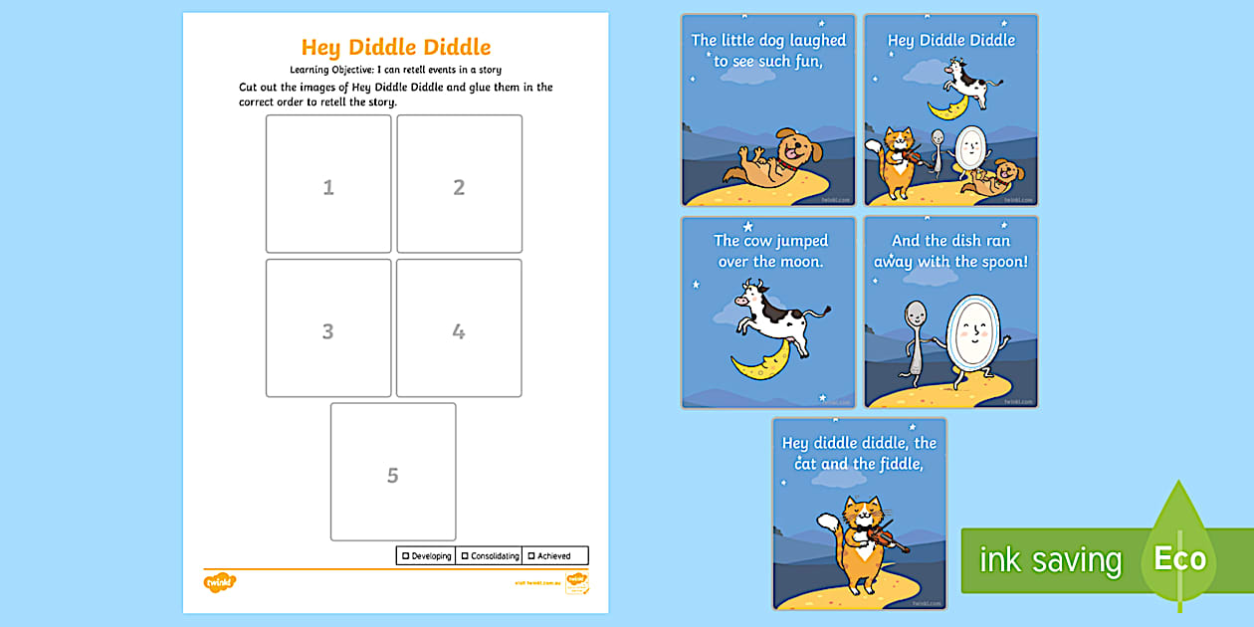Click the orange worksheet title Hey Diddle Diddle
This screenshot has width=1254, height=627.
[396, 48]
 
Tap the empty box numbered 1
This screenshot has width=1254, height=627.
[328, 184]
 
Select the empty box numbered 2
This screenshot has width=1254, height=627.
[459, 184]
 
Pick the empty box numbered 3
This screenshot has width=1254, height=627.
[328, 328]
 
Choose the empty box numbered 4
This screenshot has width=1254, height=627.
[459, 328]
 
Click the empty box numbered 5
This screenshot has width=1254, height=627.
[393, 472]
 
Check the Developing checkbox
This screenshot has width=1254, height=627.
[406, 556]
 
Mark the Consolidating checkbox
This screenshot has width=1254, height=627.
[465, 556]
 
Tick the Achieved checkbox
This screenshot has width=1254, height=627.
[531, 556]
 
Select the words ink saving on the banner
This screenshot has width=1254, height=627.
[1050, 560]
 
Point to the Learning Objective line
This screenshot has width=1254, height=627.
[395, 70]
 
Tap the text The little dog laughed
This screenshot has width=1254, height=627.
[768, 41]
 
